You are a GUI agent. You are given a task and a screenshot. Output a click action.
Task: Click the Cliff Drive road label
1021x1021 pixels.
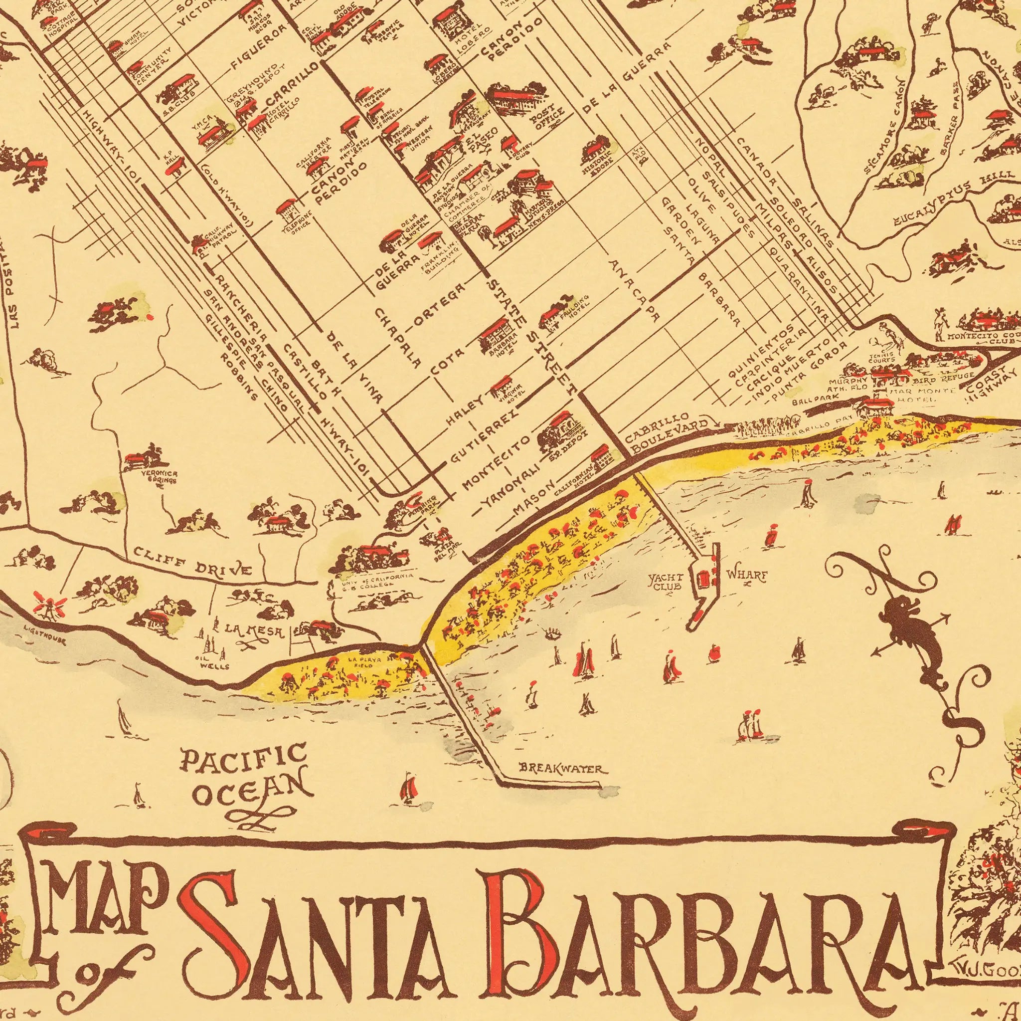pyautogui.click(x=193, y=563)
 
